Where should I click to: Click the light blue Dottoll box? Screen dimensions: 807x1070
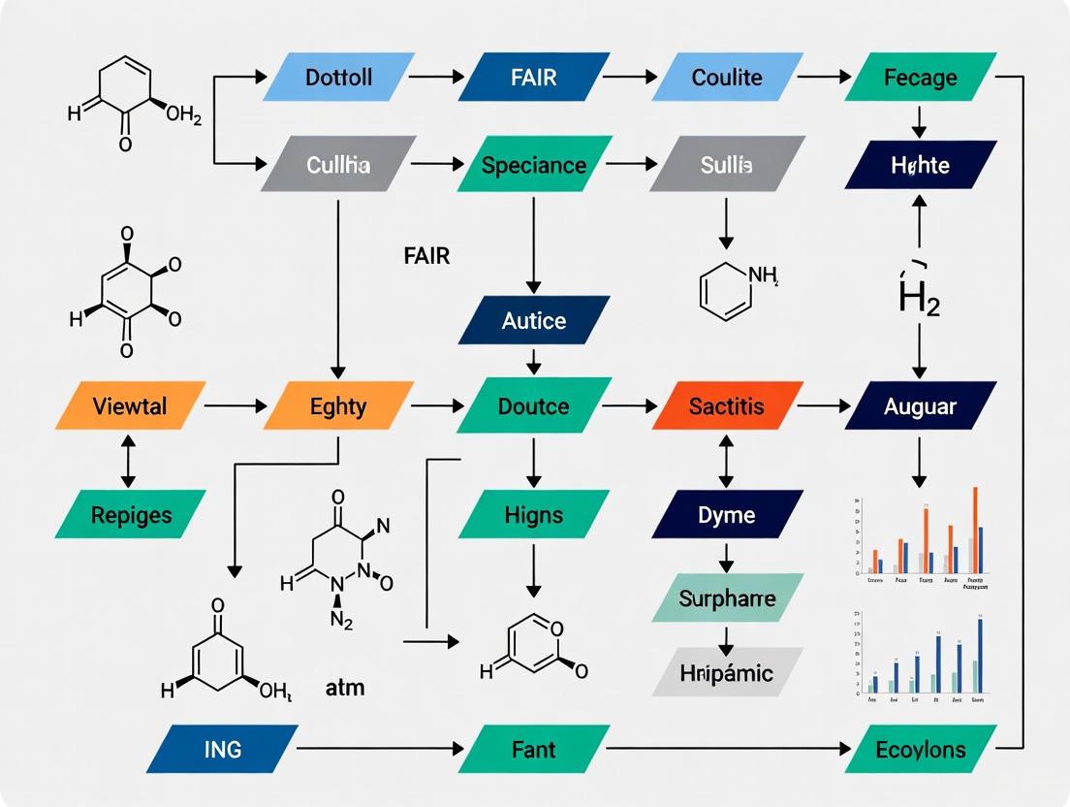[338, 77]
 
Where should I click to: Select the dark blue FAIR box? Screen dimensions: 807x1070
[534, 77]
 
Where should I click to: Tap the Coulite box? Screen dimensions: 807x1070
[727, 77]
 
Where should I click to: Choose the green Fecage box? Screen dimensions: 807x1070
[920, 77]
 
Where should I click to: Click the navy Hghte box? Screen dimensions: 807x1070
[920, 165]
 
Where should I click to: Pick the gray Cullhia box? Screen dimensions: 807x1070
[338, 165]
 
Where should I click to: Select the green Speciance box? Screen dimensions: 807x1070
[534, 165]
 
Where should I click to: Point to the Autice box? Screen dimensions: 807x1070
[534, 320]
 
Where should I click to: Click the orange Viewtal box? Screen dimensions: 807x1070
[131, 405]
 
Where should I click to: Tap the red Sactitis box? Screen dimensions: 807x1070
[727, 405]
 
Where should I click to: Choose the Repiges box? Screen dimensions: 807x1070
[131, 514]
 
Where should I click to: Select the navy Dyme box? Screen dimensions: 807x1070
[727, 514]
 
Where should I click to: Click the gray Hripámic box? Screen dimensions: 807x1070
[727, 672]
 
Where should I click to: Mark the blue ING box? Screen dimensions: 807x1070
[223, 749]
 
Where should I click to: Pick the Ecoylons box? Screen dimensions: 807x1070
[920, 749]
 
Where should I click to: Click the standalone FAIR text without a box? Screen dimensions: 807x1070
[426, 256]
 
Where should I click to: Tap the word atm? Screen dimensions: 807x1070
[345, 689]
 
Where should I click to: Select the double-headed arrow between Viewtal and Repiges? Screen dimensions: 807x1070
[127, 461]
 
